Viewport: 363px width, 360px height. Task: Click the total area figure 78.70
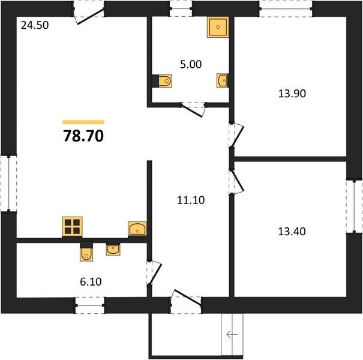coord(83,136)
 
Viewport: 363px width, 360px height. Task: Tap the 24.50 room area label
coord(35,25)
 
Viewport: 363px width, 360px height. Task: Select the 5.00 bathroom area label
coord(191,64)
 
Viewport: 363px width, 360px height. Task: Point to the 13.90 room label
coord(292,94)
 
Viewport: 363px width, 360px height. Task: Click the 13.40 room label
coord(292,232)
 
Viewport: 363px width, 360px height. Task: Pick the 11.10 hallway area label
coord(191,200)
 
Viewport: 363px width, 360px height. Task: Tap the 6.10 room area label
coord(91,282)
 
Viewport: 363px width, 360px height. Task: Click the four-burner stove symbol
coord(72,227)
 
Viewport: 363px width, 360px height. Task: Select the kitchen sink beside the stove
coord(137,229)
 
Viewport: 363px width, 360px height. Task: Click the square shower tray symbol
coord(218,27)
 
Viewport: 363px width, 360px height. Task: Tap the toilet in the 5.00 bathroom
coord(165,81)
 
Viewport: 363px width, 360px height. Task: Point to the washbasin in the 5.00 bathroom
coord(222,80)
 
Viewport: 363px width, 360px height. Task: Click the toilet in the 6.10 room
coord(86,254)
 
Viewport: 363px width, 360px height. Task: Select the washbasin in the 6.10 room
coord(113,250)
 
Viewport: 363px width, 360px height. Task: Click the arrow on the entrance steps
coord(232,334)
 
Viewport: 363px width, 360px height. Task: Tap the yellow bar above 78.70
coord(83,122)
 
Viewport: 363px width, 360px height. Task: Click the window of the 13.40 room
coord(354,206)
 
